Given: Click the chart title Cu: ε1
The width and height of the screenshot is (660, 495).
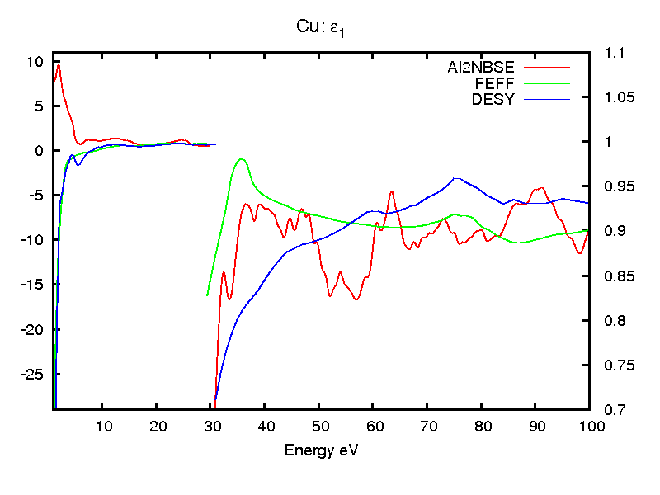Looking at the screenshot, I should [328, 28].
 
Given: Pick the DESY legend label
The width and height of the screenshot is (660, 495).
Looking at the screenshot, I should [493, 100].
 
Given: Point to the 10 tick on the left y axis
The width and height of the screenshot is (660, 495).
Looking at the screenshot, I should [34, 61].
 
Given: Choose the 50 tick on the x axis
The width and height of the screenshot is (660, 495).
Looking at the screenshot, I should [319, 426].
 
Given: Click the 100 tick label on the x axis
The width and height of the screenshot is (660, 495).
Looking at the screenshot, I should [591, 426].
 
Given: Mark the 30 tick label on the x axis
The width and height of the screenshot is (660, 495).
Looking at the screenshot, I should [210, 426].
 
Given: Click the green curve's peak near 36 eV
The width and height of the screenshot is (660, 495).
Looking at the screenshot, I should [241, 159].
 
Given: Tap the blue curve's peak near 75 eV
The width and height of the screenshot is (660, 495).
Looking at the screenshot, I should [456, 177].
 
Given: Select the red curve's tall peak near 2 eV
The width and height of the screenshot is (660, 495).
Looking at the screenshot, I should [58, 65].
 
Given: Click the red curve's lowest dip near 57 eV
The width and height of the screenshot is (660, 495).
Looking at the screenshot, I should [356, 299].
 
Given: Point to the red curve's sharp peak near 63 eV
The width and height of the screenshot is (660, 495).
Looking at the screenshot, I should [392, 191].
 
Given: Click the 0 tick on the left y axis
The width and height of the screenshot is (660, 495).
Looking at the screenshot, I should [38, 151].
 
